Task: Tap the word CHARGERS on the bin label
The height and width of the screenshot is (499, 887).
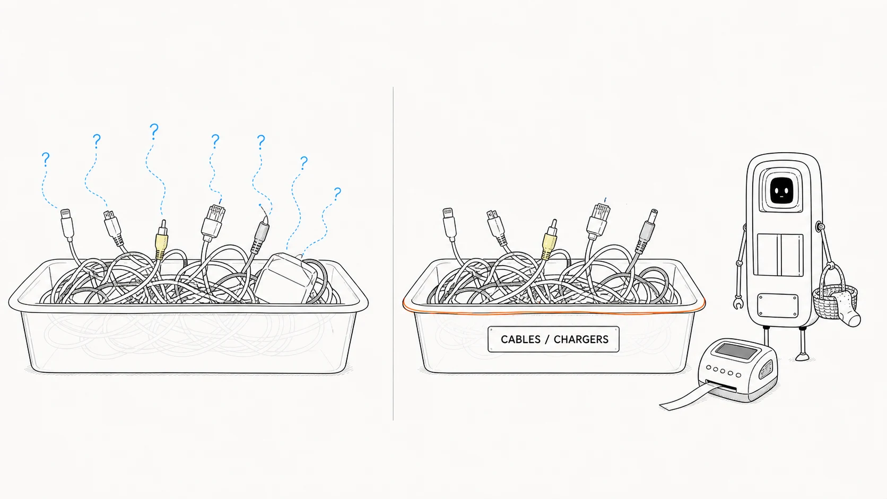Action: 581,339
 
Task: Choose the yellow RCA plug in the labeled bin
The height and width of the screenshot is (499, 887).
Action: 550,240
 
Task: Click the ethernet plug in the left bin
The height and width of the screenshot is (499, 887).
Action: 213,222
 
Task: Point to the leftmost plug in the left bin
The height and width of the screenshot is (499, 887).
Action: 67,224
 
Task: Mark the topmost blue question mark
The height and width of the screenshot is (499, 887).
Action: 154,131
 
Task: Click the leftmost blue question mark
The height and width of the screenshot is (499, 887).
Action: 46,159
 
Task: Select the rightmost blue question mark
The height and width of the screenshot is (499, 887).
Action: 337,194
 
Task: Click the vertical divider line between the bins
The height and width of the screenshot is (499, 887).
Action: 393,253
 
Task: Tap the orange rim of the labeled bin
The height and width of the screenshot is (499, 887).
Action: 554,313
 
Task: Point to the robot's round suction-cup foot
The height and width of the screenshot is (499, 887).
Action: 803,357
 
